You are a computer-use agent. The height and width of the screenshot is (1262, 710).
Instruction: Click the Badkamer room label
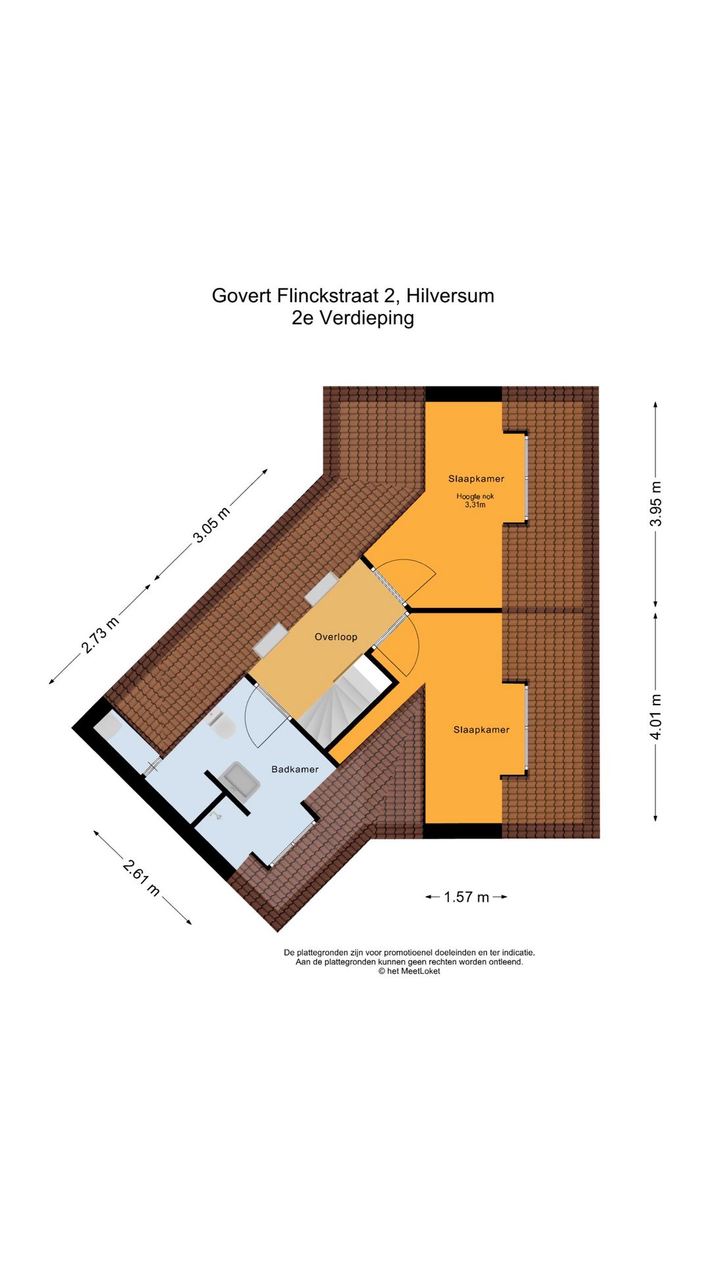coord(295,769)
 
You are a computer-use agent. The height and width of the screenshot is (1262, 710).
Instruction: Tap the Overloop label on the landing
coord(335,637)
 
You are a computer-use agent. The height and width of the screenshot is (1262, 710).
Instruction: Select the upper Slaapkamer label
coord(476,479)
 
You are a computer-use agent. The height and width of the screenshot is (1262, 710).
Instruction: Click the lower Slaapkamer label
coord(481,730)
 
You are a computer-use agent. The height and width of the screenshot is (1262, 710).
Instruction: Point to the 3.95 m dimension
coord(655,503)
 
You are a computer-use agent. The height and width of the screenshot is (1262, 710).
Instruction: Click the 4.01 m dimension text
coord(655,716)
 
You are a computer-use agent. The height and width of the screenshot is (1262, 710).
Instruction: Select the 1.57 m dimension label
coord(466,897)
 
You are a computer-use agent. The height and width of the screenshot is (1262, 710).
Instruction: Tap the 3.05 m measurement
coord(211,525)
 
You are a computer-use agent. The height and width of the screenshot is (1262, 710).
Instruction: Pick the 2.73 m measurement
coord(100,636)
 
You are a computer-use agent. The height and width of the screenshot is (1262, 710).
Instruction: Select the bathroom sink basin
coord(240,780)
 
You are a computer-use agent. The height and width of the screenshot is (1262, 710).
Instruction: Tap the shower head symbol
coord(216,816)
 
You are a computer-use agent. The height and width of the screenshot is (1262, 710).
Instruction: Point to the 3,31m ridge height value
coord(475,505)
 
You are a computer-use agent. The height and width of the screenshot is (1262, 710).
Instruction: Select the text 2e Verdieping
coord(353,318)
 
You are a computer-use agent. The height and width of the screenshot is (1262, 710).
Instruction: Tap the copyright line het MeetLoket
coord(409,971)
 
